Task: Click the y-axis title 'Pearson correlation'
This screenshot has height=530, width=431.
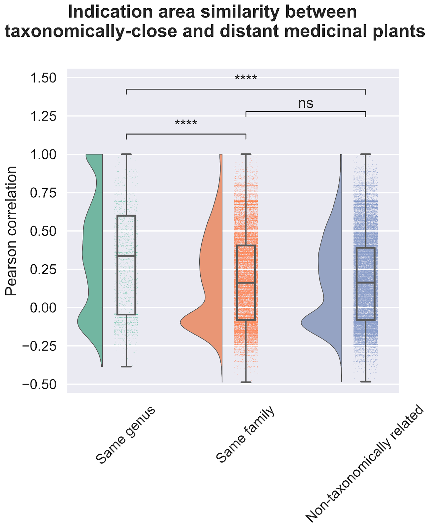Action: click(12, 231)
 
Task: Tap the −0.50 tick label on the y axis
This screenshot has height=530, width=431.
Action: click(39, 385)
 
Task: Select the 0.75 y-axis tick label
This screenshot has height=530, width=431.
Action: click(43, 193)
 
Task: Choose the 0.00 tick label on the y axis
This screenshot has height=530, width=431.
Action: click(43, 308)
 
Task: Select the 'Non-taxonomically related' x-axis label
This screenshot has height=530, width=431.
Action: click(364, 464)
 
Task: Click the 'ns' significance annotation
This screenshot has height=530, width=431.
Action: click(306, 104)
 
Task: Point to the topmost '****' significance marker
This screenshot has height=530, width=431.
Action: click(246, 79)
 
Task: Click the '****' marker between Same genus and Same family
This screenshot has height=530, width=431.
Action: click(186, 124)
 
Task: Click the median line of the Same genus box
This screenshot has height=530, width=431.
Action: click(126, 256)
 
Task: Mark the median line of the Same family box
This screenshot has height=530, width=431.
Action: click(246, 283)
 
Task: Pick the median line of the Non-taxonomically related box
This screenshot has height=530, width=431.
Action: click(365, 283)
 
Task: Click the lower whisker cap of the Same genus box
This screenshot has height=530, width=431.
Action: click(126, 367)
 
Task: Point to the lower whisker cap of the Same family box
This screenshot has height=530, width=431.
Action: click(246, 382)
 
